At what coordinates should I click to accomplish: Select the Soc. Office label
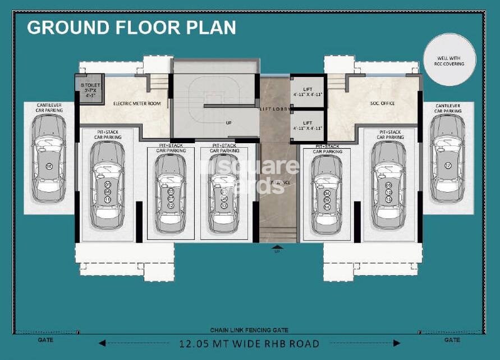pyautogui.click(x=383, y=103)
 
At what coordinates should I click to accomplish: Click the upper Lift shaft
pyautogui.click(x=307, y=92)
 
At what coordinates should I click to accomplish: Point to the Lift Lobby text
pyautogui.click(x=274, y=108)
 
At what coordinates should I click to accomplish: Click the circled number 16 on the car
pyautogui.click(x=49, y=166)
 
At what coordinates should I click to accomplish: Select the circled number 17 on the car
pyautogui.click(x=447, y=166)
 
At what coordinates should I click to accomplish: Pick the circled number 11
pyautogui.click(x=107, y=199)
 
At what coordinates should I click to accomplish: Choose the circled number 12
pyautogui.click(x=171, y=206)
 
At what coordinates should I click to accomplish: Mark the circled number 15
pyautogui.click(x=388, y=199)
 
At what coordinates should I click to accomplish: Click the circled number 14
pyautogui.click(x=327, y=207)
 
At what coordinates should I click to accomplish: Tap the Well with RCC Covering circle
pyautogui.click(x=449, y=59)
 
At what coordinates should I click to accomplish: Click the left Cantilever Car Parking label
pyautogui.click(x=49, y=108)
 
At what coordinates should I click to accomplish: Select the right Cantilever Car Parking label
pyautogui.click(x=448, y=108)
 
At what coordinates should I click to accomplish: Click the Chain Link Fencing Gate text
pyautogui.click(x=249, y=331)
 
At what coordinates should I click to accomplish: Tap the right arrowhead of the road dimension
pyautogui.click(x=397, y=343)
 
